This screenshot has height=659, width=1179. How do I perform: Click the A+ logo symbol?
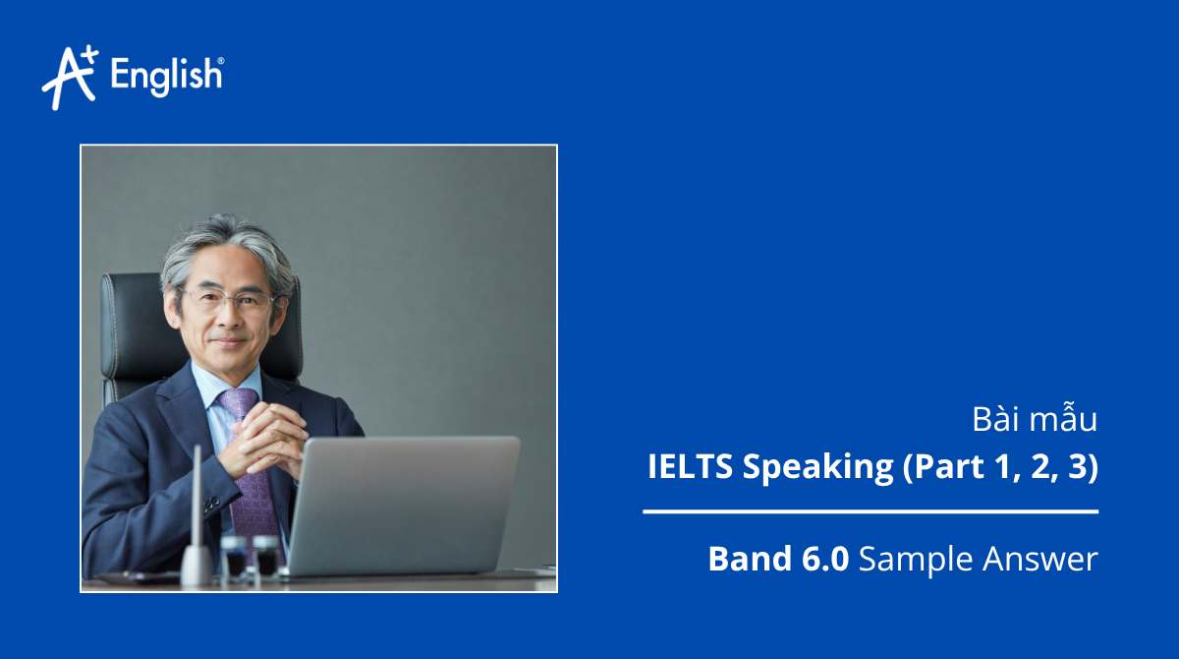(x=69, y=76)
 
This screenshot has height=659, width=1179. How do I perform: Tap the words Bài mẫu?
(x=1034, y=420)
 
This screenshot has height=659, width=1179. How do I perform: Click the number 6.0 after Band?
(x=821, y=559)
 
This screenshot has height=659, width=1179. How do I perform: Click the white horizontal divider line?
(x=870, y=511)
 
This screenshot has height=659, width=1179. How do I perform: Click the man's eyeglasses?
(x=227, y=300)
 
